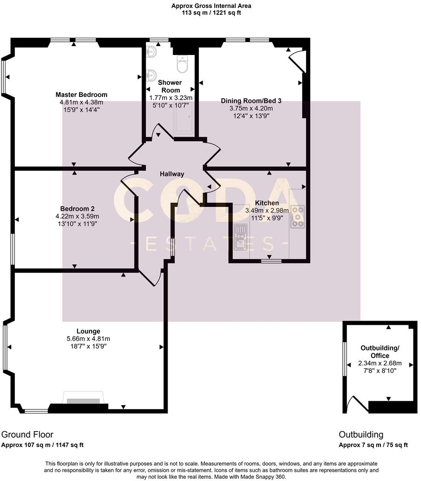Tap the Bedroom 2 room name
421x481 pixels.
tap(77, 208)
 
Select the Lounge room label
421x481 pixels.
tap(88, 331)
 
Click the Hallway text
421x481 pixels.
tap(172, 174)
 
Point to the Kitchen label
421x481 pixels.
tap(267, 203)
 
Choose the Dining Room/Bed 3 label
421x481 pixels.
tap(251, 101)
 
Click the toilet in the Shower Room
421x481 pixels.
tap(183, 65)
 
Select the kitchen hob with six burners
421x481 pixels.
tap(297, 216)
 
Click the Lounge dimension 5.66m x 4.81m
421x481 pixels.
tap(88, 339)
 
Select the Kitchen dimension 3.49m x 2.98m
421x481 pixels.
tap(267, 210)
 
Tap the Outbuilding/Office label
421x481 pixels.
tap(380, 352)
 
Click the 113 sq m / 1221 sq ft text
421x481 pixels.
tap(211, 13)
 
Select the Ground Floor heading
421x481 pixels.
tap(27, 434)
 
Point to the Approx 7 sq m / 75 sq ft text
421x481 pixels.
tap(373, 445)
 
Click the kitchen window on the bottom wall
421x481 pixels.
tap(268, 261)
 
